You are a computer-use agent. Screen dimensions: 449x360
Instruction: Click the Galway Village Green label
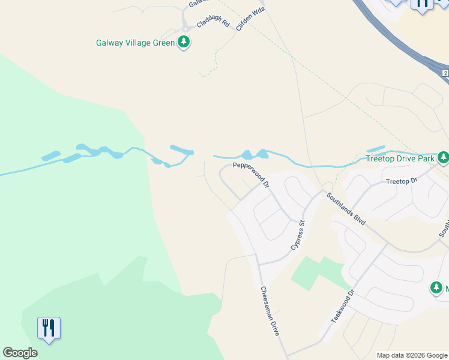click(135, 43)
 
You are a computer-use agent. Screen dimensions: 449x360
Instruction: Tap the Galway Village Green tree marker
click(184, 43)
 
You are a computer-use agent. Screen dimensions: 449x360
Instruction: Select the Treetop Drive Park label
click(400, 159)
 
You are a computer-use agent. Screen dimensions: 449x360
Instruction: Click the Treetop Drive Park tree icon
click(443, 158)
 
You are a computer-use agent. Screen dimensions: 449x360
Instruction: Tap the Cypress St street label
click(298, 235)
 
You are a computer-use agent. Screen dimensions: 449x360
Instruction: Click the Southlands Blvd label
click(346, 208)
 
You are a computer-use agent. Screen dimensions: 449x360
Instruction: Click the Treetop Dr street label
click(401, 181)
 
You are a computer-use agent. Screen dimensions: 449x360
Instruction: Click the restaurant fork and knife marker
click(49, 328)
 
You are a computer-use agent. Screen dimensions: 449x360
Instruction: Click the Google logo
click(20, 353)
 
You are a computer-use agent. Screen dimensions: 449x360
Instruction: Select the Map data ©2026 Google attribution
click(411, 355)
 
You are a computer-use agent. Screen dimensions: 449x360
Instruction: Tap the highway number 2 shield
click(445, 73)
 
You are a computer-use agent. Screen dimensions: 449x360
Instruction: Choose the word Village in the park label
click(140, 43)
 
